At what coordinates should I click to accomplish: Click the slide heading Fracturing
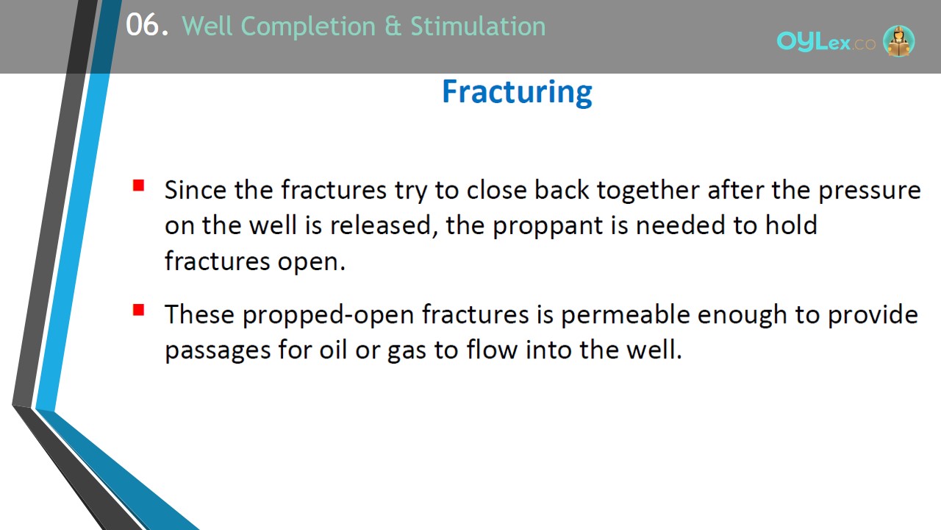(x=517, y=92)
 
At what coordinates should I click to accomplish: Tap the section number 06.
(x=147, y=25)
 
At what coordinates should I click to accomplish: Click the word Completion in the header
(x=308, y=27)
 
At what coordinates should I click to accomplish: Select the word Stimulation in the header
(x=478, y=26)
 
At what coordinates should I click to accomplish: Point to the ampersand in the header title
(x=393, y=26)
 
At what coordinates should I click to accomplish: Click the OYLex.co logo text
(x=826, y=42)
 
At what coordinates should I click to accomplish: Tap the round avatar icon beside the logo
(x=898, y=40)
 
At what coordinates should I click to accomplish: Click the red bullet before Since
(x=139, y=185)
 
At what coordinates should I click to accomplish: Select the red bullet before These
(x=139, y=310)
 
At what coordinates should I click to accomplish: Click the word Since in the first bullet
(x=196, y=190)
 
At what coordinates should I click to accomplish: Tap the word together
(x=648, y=191)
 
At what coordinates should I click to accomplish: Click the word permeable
(x=625, y=315)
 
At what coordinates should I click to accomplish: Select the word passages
(x=217, y=351)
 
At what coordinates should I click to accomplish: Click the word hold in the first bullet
(x=791, y=225)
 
